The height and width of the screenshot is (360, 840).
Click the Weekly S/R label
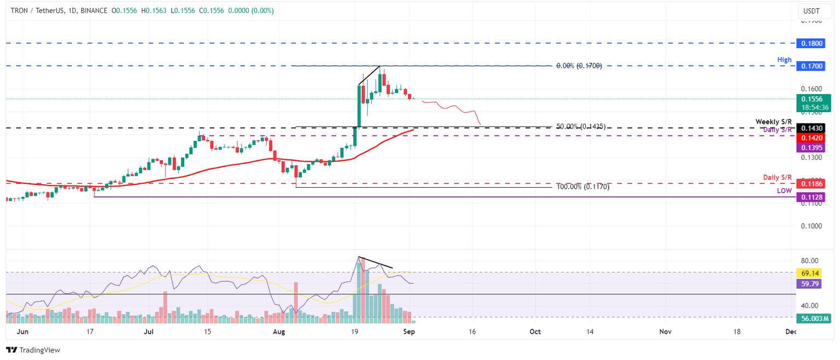tap(773, 121)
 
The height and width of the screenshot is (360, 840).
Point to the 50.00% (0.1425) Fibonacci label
tap(580, 126)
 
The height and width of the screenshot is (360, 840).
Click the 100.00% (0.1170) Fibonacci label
tap(582, 187)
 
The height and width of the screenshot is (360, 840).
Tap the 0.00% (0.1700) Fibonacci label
tap(579, 66)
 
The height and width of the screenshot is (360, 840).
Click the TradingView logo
tap(33, 350)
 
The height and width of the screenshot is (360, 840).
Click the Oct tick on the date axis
tap(535, 332)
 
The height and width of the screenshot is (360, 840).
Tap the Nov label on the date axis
tap(665, 332)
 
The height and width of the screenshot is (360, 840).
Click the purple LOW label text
tap(784, 190)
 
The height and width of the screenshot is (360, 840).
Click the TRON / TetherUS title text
tap(38, 11)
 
